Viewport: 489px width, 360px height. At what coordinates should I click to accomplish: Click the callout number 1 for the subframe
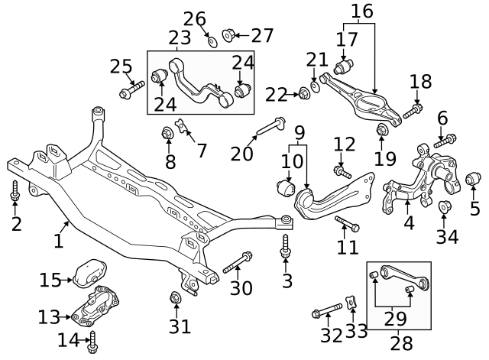point(59,242)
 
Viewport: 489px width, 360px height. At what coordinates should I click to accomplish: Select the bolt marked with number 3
point(286,245)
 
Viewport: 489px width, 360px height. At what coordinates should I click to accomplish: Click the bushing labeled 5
point(473,180)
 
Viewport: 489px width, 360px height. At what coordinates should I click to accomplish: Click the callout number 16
point(362,11)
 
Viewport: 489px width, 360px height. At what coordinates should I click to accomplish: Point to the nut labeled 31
point(175,297)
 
